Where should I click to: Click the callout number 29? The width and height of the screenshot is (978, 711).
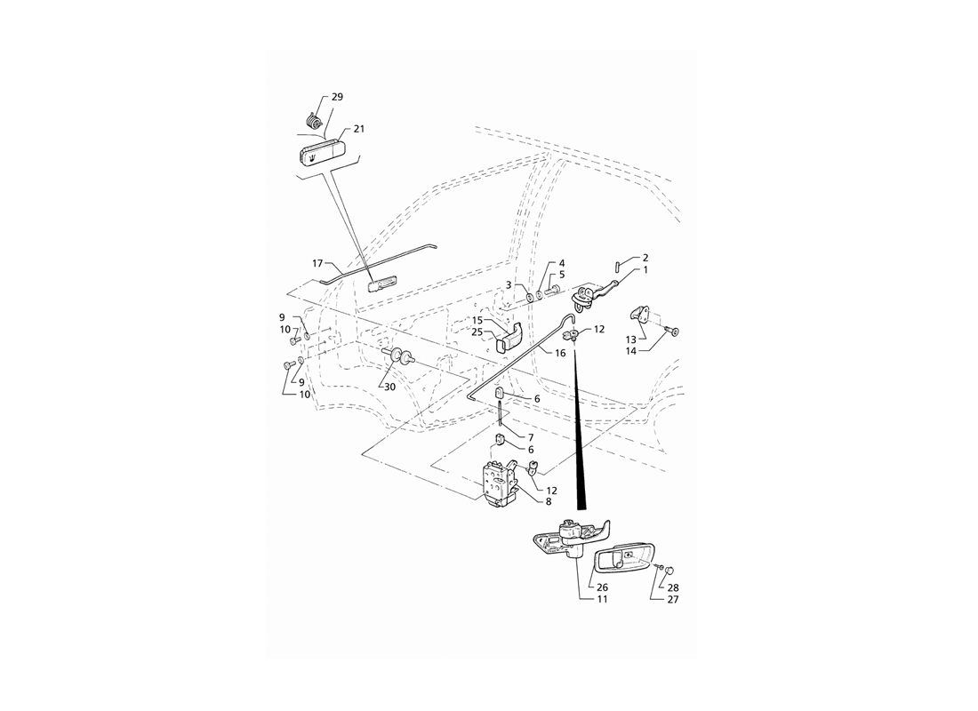[337, 97]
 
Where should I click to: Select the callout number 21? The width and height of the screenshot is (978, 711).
[358, 129]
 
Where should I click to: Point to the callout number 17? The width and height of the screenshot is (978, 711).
[317, 264]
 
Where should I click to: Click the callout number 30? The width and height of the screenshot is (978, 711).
[389, 387]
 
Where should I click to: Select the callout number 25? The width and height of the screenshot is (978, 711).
[477, 332]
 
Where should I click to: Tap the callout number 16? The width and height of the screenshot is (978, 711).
[560, 353]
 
